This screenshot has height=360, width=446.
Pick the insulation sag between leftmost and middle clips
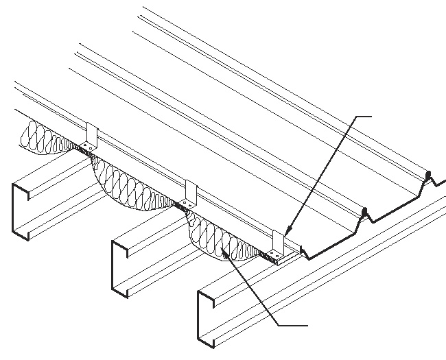(130, 185)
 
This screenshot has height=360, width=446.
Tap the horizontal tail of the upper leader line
(364, 117)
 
